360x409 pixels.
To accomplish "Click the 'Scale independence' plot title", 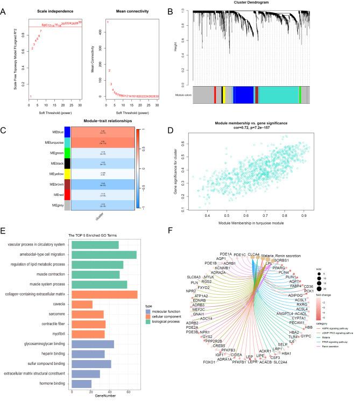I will tap(54, 11).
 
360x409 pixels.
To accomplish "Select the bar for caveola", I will tap(82, 305).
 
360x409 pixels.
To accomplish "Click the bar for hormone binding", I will tap(81, 384).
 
